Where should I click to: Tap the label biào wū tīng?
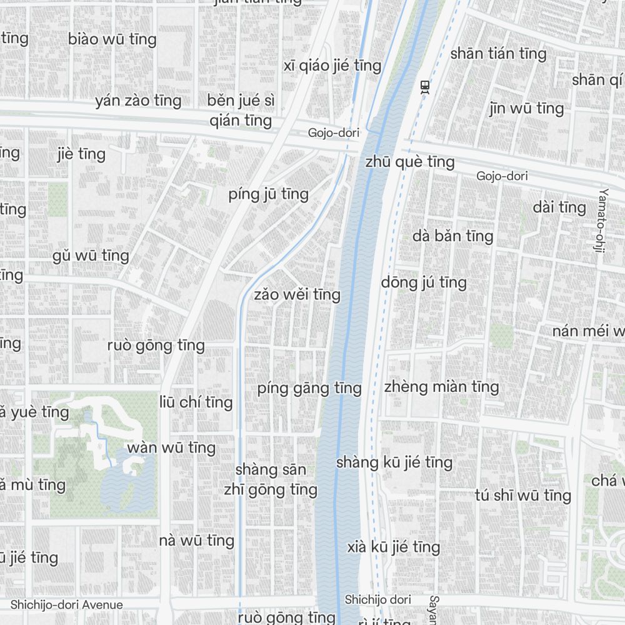pyautogui.click(x=112, y=39)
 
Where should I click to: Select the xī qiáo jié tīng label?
pyautogui.click(x=332, y=66)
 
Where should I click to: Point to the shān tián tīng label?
pyautogui.click(x=498, y=54)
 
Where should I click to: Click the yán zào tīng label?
pyautogui.click(x=138, y=101)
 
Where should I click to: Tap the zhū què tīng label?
pyautogui.click(x=410, y=162)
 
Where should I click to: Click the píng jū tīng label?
pyautogui.click(x=269, y=194)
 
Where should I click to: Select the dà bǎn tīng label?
pyautogui.click(x=453, y=236)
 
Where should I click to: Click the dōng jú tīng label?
pyautogui.click(x=424, y=282)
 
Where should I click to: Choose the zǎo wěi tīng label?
pyautogui.click(x=297, y=294)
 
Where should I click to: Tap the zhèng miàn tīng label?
pyautogui.click(x=441, y=387)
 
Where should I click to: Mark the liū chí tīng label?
pyautogui.click(x=196, y=402)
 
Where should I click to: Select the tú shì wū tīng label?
pyautogui.click(x=522, y=496)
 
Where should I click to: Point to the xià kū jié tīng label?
pyautogui.click(x=394, y=547)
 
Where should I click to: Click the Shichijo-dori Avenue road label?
pyautogui.click(x=67, y=604)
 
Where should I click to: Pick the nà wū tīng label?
pyautogui.click(x=196, y=541)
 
